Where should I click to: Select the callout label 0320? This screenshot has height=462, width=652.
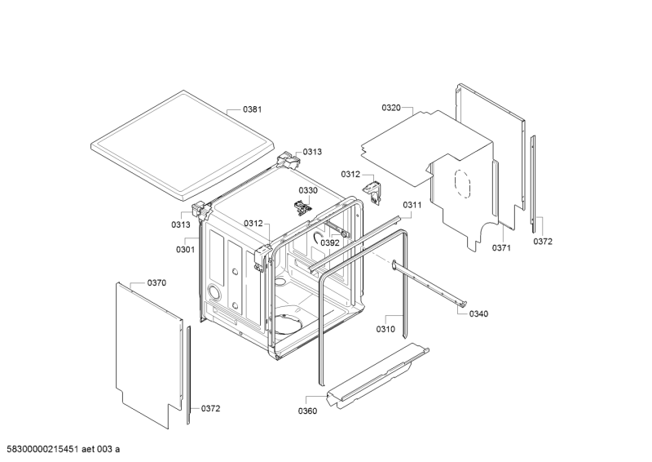[391, 107]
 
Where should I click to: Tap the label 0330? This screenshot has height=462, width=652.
[308, 190]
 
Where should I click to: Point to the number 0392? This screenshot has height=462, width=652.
[329, 242]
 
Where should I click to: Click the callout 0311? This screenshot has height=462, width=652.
[412, 205]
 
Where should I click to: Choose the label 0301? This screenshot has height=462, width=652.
[186, 249]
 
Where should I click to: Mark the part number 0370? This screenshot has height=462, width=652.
[156, 282]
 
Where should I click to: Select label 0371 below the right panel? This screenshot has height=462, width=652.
[501, 247]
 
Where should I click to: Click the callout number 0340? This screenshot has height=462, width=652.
[479, 313]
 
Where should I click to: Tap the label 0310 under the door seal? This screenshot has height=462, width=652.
[385, 329]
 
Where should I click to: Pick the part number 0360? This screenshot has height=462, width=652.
[307, 411]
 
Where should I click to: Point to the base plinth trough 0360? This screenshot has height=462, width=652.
[375, 375]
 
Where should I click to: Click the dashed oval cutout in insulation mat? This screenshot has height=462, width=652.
[462, 183]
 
